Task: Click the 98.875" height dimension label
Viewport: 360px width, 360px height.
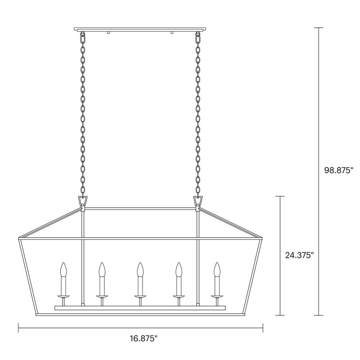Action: click(339, 170)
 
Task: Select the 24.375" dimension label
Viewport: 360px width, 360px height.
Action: click(300, 255)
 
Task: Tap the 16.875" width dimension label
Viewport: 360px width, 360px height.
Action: click(144, 338)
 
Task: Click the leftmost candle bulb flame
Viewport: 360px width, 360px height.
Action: click(63, 270)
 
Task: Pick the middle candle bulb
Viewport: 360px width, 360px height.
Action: click(140, 270)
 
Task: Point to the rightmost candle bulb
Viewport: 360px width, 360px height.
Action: click(217, 270)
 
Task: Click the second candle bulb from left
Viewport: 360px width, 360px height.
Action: click(102, 270)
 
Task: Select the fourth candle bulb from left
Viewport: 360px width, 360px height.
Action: click(179, 270)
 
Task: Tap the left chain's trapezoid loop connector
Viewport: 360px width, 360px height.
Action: click(83, 201)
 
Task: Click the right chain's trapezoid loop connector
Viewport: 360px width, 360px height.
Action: click(198, 201)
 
